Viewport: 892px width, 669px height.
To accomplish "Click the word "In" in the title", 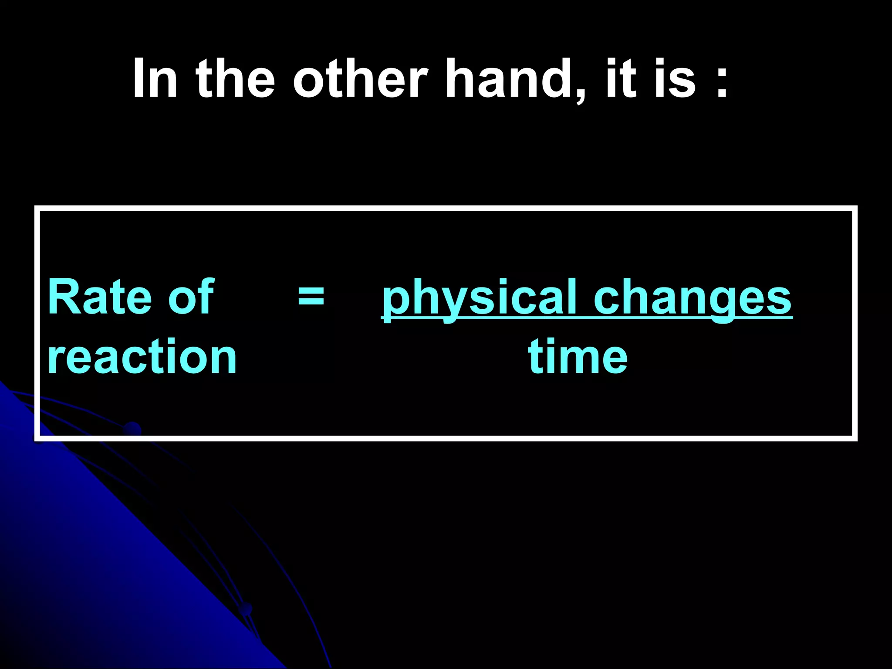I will tap(155, 79).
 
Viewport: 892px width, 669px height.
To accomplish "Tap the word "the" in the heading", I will tap(235, 79).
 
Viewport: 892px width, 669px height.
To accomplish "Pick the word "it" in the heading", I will tap(620, 79).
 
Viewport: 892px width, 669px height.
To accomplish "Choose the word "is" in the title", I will tap(675, 79).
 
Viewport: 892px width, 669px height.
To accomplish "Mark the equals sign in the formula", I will tap(311, 297).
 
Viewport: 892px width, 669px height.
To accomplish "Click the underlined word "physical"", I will tap(479, 298).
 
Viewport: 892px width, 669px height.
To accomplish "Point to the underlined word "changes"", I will tap(693, 298).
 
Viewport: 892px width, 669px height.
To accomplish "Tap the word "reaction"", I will tap(142, 357).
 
